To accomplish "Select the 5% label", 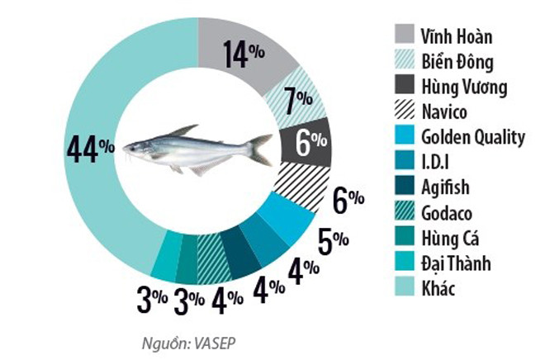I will tap(331, 241).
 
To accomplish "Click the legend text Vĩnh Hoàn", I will tap(457, 36).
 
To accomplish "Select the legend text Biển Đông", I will tap(457, 61).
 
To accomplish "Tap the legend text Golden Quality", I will tap(472, 137).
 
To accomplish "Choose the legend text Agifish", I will tap(446, 187).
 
